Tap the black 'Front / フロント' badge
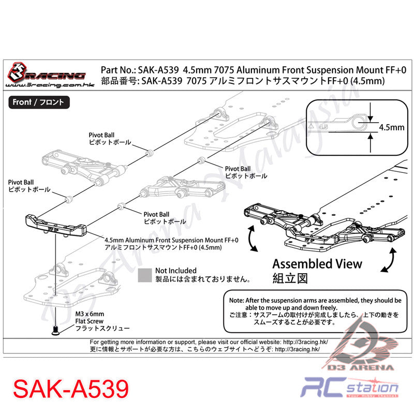[x=39, y=102]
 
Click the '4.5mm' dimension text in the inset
[x=392, y=127]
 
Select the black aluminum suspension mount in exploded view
[x=56, y=226]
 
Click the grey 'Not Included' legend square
[x=145, y=275]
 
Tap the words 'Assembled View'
[x=317, y=264]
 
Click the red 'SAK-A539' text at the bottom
[x=71, y=389]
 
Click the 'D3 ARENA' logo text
[x=360, y=367]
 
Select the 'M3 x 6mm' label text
[x=90, y=314]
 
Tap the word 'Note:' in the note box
[x=236, y=300]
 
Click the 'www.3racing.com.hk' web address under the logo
[x=50, y=85]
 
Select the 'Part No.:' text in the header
[x=119, y=70]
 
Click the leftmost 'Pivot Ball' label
[x=21, y=182]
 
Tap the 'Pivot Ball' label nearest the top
[x=101, y=135]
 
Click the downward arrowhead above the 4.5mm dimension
[x=371, y=119]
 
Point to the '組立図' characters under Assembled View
[x=290, y=278]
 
